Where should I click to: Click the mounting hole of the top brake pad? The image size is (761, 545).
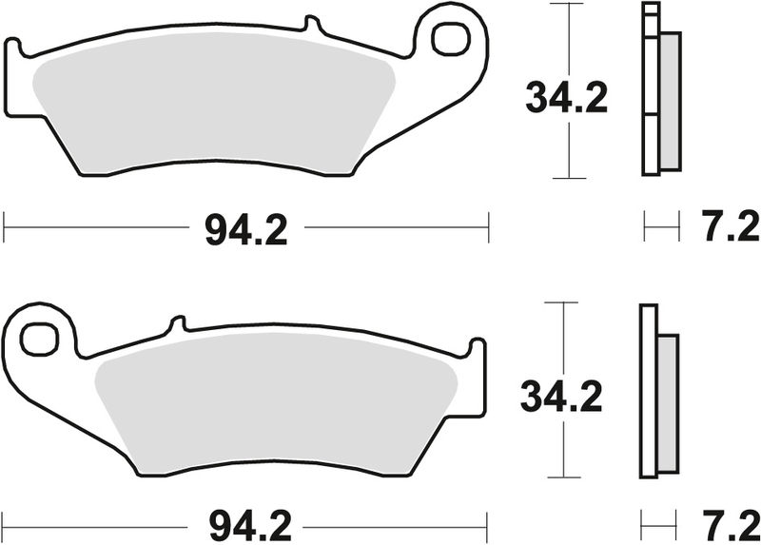[x=448, y=38]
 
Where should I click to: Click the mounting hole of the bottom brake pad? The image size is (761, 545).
[x=41, y=338]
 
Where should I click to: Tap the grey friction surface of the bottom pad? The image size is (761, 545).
[x=276, y=409]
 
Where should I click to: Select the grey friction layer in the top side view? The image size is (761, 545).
[x=670, y=100]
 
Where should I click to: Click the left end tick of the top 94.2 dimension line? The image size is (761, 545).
[x=6, y=228]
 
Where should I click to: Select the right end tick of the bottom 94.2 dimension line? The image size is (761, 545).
[x=488, y=521]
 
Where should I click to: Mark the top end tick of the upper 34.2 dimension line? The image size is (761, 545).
[x=568, y=5]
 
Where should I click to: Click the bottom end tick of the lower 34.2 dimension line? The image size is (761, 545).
[x=566, y=477]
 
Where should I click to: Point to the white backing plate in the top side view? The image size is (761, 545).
[x=651, y=95]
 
